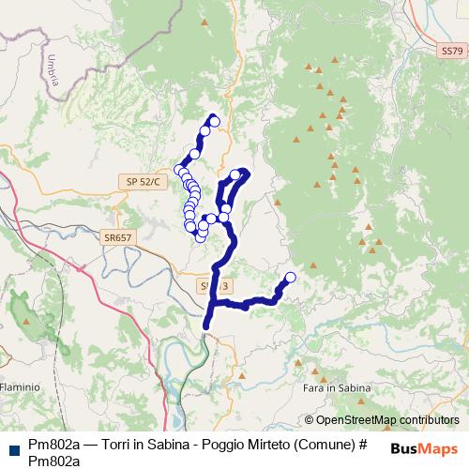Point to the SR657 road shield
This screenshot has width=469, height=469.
point(119,238)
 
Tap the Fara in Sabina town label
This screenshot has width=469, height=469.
point(338,387)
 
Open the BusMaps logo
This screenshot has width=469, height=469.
point(423,448)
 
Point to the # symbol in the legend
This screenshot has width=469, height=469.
point(358,445)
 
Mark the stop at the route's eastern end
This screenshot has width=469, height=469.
point(290,277)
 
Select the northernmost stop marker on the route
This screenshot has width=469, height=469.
point(214,120)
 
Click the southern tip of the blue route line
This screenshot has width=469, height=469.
point(206,327)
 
